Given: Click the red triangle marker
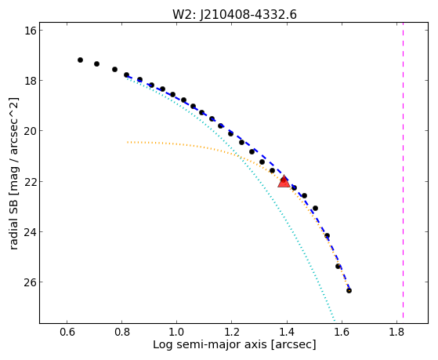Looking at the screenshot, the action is click(x=284, y=181).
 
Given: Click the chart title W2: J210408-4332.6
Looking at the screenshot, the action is click(x=234, y=15).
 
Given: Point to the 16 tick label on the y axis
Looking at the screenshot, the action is click(x=31, y=31).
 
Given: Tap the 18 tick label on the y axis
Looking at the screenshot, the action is click(x=31, y=81).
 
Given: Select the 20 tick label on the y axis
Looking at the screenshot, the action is click(x=31, y=131).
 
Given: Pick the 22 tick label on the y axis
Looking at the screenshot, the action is click(x=31, y=181).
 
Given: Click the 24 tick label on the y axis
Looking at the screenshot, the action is click(x=31, y=232).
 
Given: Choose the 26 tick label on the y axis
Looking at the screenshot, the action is click(x=31, y=282).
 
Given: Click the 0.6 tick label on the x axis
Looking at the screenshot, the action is click(x=67, y=332).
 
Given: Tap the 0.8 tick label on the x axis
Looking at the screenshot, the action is click(x=122, y=332).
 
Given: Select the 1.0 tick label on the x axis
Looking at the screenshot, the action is click(x=177, y=332).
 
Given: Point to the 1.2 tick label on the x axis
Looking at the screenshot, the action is click(x=232, y=332).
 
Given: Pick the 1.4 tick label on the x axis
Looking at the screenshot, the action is click(x=287, y=332).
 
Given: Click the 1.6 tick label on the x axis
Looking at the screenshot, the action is click(x=342, y=332).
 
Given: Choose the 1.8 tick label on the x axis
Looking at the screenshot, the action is click(x=397, y=332).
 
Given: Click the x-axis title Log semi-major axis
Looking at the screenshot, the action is click(x=210, y=344).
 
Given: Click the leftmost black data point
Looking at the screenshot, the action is click(x=80, y=60).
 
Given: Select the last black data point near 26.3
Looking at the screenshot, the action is click(x=349, y=291).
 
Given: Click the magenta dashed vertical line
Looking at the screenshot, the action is click(x=403, y=174).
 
